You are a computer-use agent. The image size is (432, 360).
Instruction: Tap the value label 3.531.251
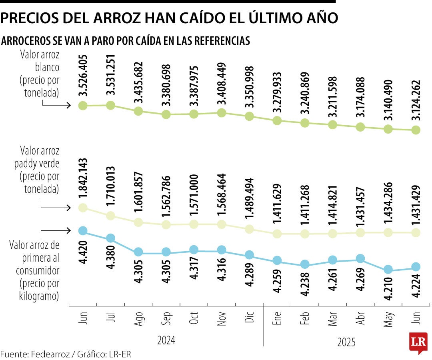111,75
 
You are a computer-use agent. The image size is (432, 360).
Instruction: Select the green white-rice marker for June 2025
416,130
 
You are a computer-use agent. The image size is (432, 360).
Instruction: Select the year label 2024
166,340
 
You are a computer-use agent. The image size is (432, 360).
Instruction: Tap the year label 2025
346,342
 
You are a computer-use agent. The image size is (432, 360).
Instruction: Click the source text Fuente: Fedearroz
34,354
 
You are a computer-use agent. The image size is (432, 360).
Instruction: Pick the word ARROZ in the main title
116,18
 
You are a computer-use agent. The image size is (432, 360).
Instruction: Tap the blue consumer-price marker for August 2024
138,252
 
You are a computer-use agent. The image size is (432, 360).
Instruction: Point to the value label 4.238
305,284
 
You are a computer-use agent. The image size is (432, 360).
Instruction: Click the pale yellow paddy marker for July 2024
111,216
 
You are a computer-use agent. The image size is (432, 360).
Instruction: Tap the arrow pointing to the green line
56,106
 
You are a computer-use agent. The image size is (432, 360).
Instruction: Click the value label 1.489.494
250,198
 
